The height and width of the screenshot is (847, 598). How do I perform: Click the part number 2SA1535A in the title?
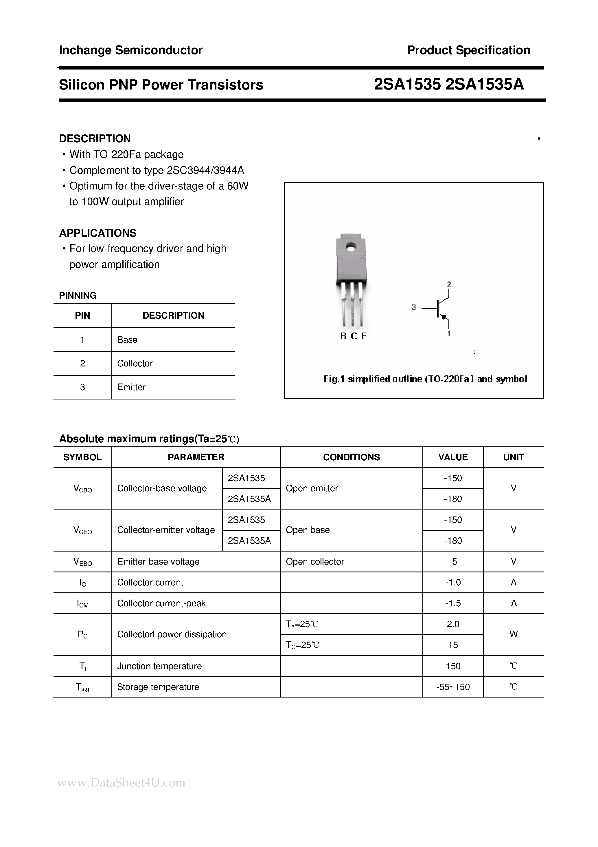485,85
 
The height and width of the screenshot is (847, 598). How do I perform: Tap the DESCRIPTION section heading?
95,138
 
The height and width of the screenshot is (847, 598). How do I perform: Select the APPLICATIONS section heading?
97,233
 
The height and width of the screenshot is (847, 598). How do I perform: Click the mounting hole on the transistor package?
351,246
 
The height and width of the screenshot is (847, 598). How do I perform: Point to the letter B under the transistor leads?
343,336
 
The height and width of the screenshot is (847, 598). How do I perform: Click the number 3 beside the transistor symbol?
414,307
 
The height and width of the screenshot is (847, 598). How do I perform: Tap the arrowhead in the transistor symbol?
444,317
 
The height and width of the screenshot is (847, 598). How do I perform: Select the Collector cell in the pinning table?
135,363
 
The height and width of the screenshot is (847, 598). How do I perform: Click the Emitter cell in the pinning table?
131,387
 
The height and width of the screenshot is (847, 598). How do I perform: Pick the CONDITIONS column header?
351,457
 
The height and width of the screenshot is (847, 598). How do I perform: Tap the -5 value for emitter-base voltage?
453,561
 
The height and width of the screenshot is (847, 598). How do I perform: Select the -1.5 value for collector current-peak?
453,603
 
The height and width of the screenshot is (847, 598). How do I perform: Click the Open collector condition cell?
315,561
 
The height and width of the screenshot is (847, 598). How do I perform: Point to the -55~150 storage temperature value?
453,687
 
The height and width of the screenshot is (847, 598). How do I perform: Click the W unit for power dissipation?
513,634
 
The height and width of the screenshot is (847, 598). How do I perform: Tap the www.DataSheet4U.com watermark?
121,782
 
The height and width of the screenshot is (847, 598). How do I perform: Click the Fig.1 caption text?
425,379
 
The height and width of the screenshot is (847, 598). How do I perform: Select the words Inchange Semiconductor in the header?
131,50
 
